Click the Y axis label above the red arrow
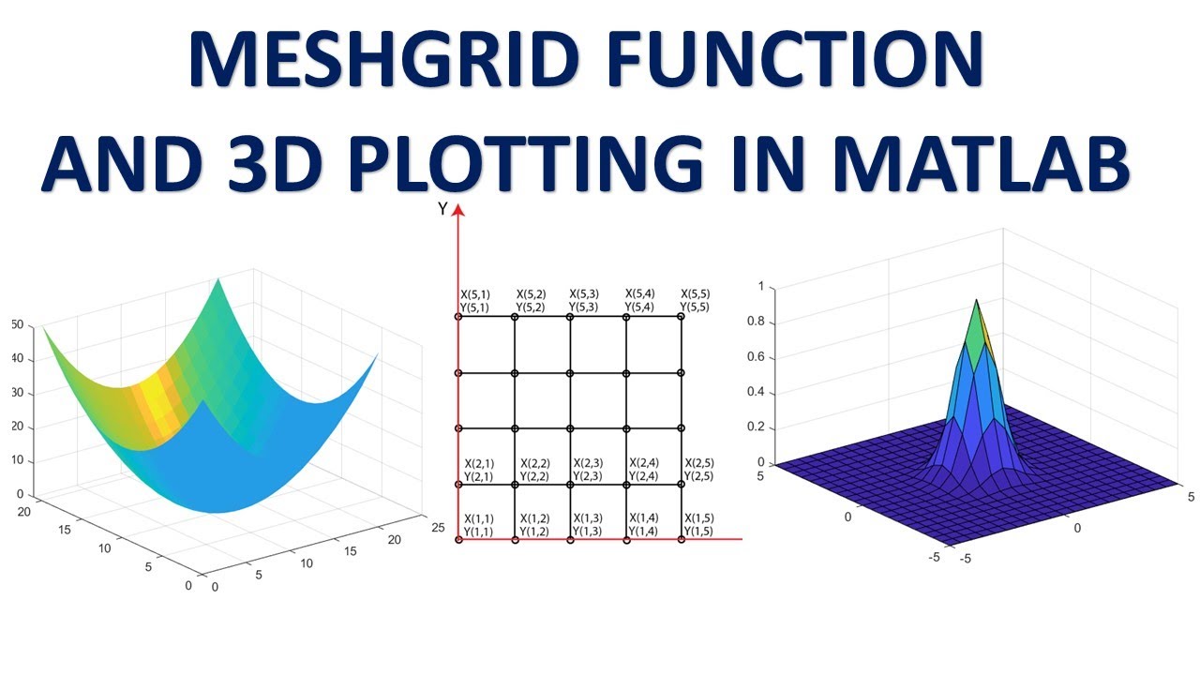(x=442, y=209)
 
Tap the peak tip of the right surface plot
(x=976, y=301)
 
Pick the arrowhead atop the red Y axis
(x=458, y=211)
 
